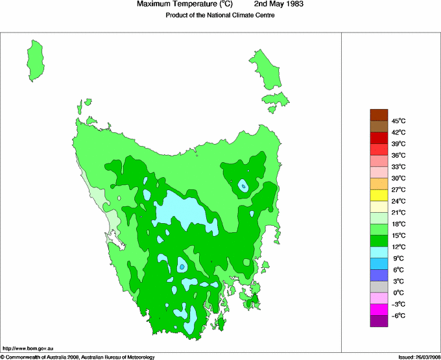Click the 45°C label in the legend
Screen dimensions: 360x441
(398, 121)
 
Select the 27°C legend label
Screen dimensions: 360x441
(398, 189)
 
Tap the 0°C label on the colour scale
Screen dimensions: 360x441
(398, 293)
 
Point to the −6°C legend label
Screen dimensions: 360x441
(398, 315)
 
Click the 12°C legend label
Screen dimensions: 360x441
(398, 246)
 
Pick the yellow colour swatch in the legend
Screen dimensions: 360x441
(379, 195)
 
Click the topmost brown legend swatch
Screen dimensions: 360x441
(379, 115)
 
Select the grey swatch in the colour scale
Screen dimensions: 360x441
(379, 287)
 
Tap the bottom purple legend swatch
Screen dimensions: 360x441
(379, 321)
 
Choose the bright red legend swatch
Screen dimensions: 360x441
(379, 149)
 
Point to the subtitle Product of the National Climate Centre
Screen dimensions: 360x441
(220, 16)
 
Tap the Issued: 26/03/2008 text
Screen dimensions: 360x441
(418, 356)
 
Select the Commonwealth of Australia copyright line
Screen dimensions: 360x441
(77, 356)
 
